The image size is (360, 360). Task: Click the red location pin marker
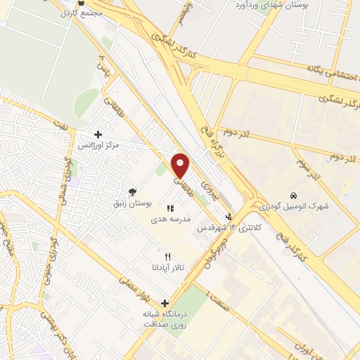pyautogui.click(x=181, y=165)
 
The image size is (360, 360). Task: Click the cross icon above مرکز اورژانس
pyautogui.click(x=98, y=134)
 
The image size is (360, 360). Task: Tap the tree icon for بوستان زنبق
pyautogui.click(x=131, y=191)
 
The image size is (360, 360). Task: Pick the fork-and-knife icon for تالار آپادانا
pyautogui.click(x=167, y=257)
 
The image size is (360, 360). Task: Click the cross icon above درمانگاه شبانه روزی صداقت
pyautogui.click(x=165, y=303)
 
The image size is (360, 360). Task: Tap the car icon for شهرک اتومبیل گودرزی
pyautogui.click(x=293, y=195)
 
